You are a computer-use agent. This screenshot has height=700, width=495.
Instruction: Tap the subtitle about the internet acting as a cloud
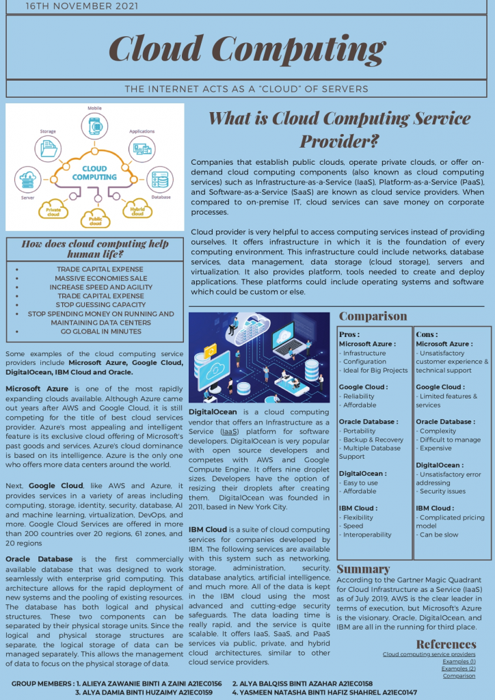[247, 89]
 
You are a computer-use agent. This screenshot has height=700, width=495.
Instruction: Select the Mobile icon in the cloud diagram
[94, 127]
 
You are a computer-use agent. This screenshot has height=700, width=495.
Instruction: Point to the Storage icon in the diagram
[49, 147]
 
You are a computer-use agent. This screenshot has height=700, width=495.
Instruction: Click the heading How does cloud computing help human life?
[95, 248]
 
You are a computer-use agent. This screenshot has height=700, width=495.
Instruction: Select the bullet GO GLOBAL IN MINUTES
[101, 332]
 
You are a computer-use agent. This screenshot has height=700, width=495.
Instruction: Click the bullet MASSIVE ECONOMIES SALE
[101, 278]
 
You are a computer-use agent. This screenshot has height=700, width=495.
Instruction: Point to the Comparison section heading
[373, 317]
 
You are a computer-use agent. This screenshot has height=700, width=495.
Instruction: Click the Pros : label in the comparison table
[349, 334]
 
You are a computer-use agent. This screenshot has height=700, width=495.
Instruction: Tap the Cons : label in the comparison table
[427, 334]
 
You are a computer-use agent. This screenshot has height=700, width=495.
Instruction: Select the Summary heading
[363, 569]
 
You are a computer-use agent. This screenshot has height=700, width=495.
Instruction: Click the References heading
[446, 644]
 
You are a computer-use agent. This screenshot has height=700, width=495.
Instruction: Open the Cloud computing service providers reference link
[429, 654]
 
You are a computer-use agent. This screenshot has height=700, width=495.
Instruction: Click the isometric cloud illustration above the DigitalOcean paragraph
[259, 357]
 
